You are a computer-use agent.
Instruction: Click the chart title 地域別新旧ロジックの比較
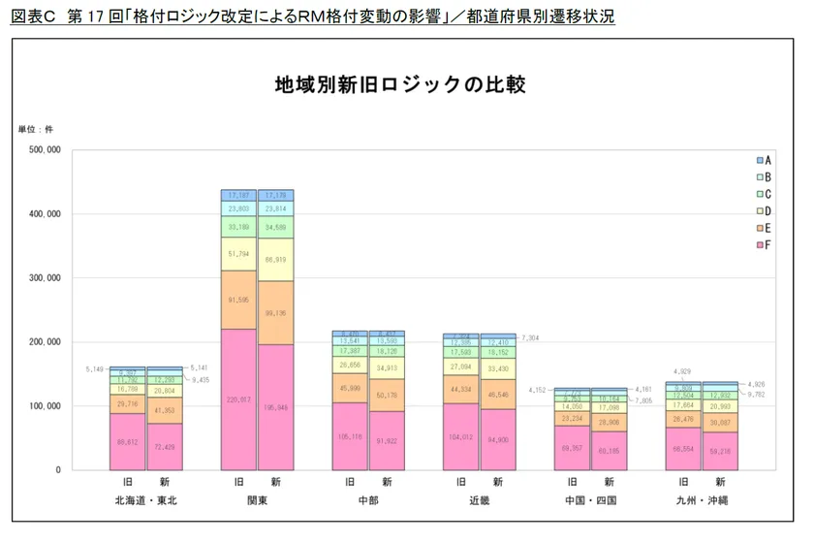(399, 85)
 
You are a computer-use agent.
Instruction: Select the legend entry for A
(763, 159)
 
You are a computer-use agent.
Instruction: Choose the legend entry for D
(763, 209)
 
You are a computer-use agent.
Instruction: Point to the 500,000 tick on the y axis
(41, 150)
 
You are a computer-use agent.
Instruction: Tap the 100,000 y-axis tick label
(41, 406)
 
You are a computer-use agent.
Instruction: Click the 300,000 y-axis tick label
(41, 278)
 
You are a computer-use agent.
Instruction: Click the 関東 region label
(258, 500)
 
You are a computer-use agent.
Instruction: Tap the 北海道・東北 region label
(146, 500)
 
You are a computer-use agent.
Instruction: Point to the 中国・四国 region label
(589, 500)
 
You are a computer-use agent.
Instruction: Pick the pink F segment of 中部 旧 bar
(350, 436)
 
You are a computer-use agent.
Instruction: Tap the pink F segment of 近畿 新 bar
(497, 439)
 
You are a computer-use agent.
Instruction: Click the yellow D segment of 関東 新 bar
(276, 260)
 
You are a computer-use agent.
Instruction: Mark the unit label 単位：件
(36, 129)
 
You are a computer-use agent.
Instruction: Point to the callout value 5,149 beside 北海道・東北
(94, 369)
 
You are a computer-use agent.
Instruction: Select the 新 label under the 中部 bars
(387, 482)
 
